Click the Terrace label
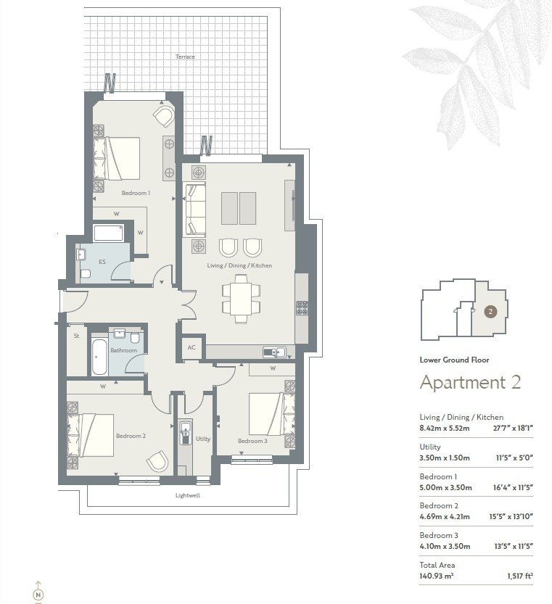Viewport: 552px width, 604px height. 185,57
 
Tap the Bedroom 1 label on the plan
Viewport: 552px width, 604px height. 136,193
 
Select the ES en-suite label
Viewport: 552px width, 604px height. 102,262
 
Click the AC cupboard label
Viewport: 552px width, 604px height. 191,347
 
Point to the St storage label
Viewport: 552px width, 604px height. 76,336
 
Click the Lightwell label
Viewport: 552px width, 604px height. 188,495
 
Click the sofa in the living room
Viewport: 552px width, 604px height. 195,210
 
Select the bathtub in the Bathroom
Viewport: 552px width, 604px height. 99,357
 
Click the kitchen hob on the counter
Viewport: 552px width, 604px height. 302,308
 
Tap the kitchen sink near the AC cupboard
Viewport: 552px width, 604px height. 274,352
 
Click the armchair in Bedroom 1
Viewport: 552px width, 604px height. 164,116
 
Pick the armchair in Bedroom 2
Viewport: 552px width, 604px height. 157,461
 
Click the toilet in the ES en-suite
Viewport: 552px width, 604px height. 86,274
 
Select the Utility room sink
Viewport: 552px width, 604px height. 186,434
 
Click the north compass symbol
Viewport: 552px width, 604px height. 38,595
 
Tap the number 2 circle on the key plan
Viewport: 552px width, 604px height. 490,312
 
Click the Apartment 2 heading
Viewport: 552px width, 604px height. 470,382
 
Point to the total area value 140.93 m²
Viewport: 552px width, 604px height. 437,576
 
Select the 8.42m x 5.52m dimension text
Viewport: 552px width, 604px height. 445,428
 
